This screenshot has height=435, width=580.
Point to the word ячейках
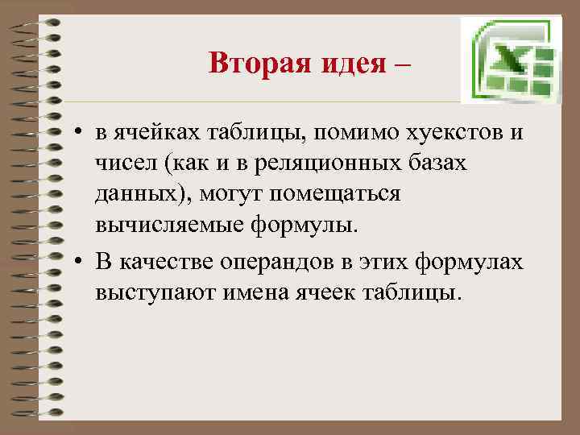point(152,135)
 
